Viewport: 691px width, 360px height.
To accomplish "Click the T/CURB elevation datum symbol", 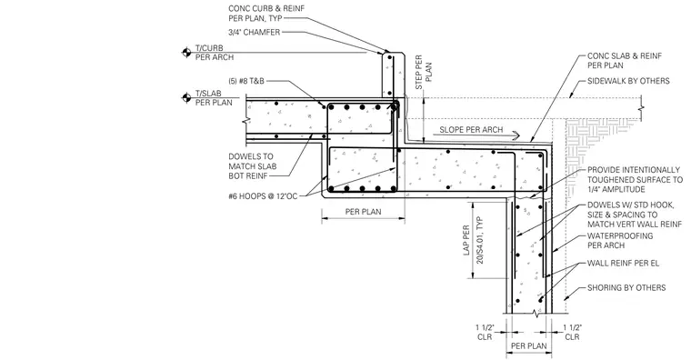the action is click(186, 53).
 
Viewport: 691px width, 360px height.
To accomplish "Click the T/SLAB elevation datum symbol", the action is click(186, 97).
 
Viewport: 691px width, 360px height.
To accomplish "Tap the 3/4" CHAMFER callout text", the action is click(255, 32).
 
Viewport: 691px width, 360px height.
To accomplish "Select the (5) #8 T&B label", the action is click(245, 81).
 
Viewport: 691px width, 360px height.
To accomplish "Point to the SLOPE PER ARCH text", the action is click(471, 130).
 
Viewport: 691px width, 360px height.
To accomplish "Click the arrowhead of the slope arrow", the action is click(516, 135).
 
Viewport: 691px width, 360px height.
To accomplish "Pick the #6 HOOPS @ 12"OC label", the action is click(263, 196).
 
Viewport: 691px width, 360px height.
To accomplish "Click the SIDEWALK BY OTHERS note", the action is click(628, 81).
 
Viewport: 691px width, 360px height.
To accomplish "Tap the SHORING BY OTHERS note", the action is click(626, 288).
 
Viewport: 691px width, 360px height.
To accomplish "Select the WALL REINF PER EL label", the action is click(623, 264).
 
